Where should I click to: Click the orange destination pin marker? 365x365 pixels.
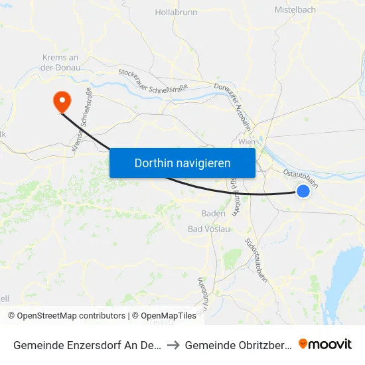pos(62,102)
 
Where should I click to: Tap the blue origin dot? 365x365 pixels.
pos(303,191)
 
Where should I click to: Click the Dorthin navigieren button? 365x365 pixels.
pos(183,163)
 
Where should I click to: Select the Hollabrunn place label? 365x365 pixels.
pos(176,12)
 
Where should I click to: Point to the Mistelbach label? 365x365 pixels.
pos(295,10)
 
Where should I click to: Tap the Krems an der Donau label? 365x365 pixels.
pos(61,62)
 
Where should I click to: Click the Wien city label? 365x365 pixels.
pos(247,141)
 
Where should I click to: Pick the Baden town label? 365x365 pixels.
pos(213,214)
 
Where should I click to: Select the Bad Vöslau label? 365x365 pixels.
pos(209,229)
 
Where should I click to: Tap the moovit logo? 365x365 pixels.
pos(325,344)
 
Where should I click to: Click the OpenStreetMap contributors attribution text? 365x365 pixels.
pos(70,316)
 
